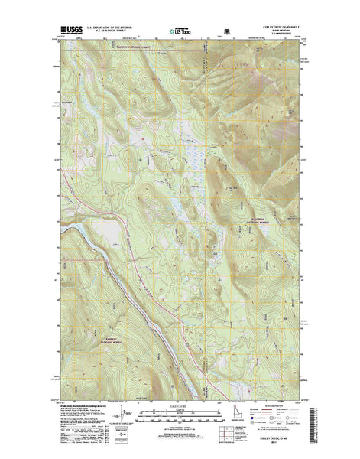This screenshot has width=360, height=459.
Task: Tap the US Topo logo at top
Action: tap(180, 32)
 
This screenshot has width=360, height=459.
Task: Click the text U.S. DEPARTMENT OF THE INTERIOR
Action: tap(115, 26)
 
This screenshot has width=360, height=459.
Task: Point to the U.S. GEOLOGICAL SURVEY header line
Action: tap(115, 30)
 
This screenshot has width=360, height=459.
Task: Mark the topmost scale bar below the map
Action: tap(180, 399)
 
